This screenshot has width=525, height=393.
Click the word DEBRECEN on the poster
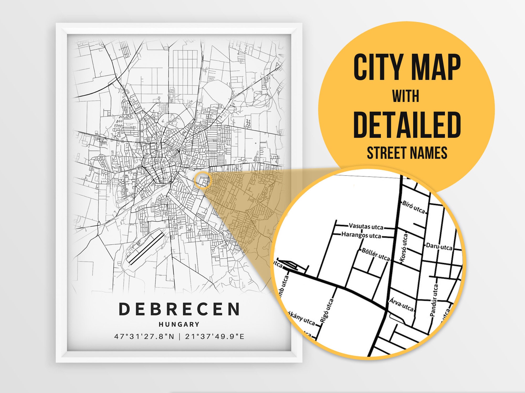(179, 309)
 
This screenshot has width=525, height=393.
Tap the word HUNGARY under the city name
(179, 324)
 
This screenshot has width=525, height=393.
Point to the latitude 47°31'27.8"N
(144, 336)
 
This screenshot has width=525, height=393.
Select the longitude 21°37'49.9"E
(215, 336)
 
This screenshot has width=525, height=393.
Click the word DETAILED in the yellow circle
(407, 125)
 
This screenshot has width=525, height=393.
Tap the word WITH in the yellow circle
(406, 96)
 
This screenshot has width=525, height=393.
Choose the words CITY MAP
(407, 67)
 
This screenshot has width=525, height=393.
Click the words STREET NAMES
(407, 153)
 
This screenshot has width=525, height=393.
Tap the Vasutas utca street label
(366, 226)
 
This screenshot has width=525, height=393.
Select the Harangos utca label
(361, 235)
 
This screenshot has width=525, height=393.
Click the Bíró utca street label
(413, 207)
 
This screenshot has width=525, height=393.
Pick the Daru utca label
(439, 247)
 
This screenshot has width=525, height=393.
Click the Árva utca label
(401, 304)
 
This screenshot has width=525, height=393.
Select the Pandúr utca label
(434, 300)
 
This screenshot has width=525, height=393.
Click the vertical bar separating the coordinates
(180, 336)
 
